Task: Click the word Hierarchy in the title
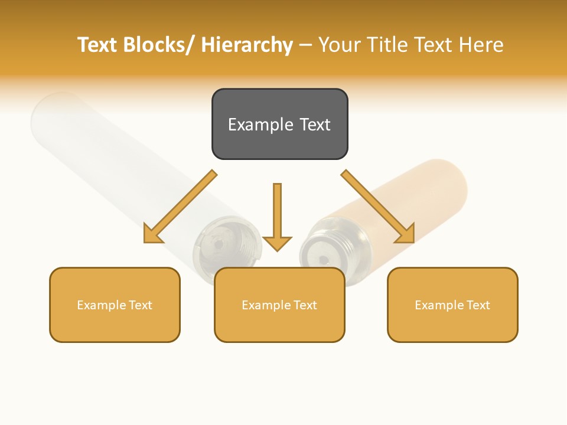(x=247, y=45)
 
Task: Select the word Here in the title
(x=481, y=45)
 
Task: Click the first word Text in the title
(x=98, y=45)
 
